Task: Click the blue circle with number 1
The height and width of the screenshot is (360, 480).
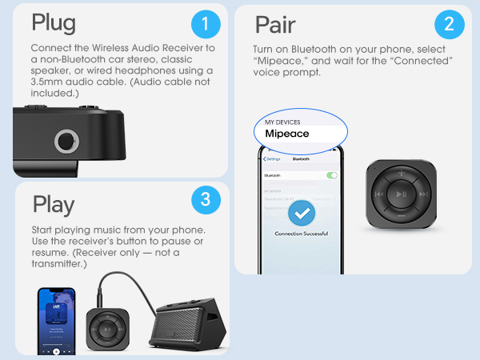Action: coord(206,26)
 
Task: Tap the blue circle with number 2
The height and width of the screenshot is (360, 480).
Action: coord(449,25)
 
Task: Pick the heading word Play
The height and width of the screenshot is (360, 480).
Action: coord(54,204)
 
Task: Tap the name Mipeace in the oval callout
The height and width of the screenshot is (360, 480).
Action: coord(286,134)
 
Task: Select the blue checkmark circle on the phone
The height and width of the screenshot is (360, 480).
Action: coord(301,213)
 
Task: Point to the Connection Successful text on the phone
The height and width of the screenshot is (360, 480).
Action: coord(301,234)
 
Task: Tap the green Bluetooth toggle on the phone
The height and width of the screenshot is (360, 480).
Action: coord(331,174)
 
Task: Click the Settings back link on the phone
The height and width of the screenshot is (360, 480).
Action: coord(270,158)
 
